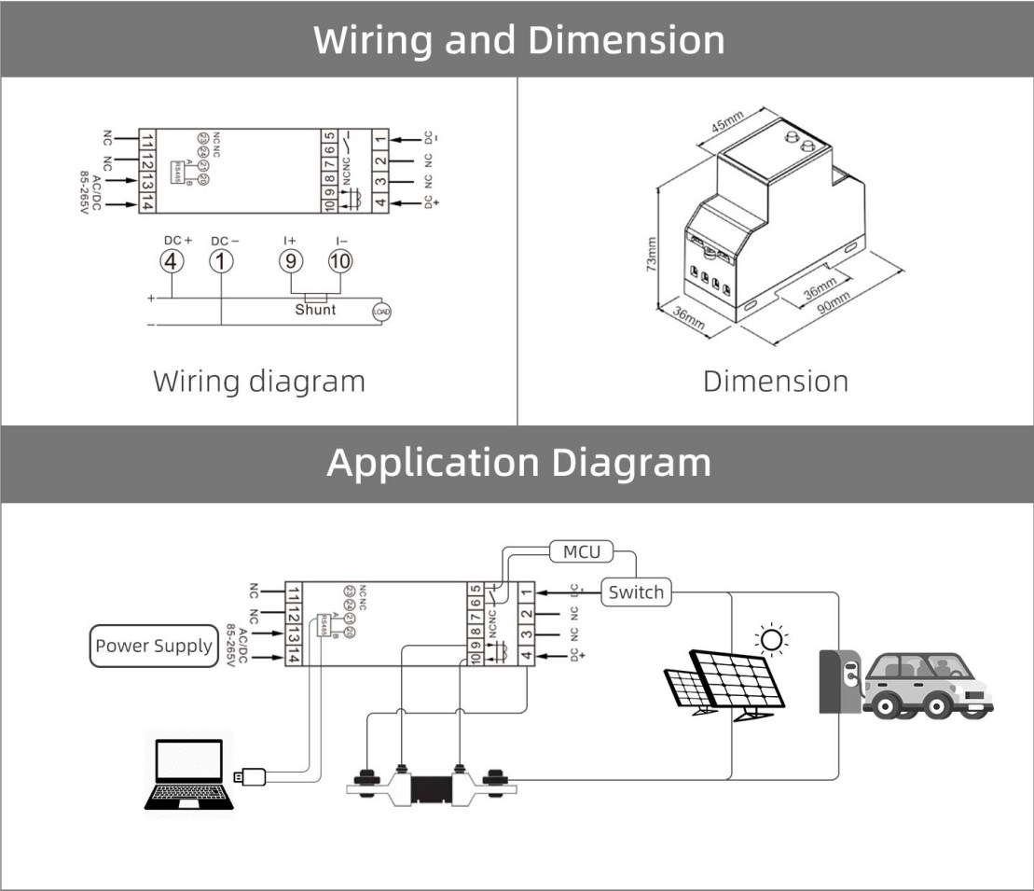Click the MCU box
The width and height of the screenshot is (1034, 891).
tap(582, 552)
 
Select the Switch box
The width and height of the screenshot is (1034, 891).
tap(636, 592)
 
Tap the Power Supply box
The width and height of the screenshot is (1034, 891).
tap(154, 646)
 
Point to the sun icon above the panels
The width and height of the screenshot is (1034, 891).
tap(771, 640)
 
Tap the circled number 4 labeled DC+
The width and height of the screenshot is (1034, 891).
tap(172, 261)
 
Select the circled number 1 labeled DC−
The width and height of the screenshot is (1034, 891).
tap(221, 261)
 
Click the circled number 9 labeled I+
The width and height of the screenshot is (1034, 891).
tap(291, 261)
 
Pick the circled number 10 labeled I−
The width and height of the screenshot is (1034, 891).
tap(340, 261)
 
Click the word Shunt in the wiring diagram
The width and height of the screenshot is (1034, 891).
tap(315, 309)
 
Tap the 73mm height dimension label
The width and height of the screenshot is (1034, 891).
tap(651, 253)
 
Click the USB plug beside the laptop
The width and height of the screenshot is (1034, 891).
tap(251, 775)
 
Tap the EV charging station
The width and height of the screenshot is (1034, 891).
tap(838, 680)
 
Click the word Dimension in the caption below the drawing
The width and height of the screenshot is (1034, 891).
tap(776, 382)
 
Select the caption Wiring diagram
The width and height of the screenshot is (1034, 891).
tap(258, 382)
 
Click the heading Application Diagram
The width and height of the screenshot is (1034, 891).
tap(517, 463)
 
